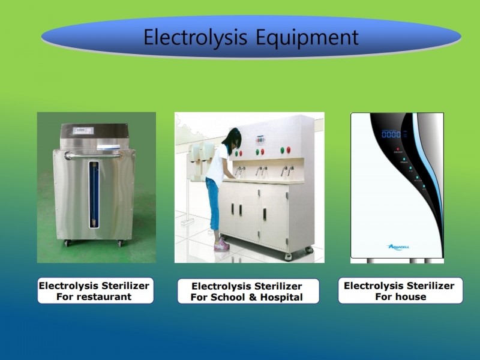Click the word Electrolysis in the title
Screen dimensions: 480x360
coord(196,38)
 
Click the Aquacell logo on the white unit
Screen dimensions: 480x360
coord(398,247)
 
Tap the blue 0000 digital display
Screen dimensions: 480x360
coord(391,134)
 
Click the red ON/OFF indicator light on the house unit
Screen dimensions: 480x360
coord(398,149)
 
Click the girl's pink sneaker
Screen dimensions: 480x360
coord(221,245)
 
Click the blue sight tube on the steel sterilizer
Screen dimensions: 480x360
coord(94,194)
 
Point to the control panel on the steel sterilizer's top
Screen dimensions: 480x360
coord(83,131)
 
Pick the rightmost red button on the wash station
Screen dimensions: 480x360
coord(288,149)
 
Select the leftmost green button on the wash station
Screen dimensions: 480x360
coord(236,153)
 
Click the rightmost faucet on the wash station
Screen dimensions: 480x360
coord(290,170)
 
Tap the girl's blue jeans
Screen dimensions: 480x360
coord(214,203)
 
